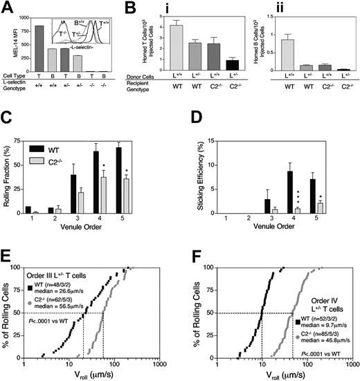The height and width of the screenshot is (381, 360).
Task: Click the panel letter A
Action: (7, 8)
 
